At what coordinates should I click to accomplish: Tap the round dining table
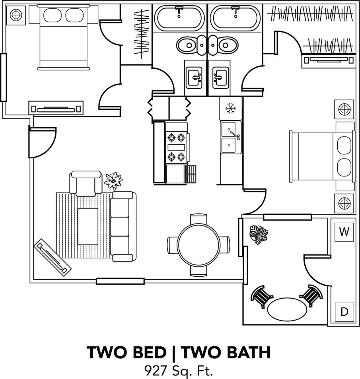pyautogui.click(x=198, y=245)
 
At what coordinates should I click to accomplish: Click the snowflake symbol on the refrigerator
pyautogui.click(x=230, y=108)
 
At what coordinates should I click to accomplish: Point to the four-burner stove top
pyautogui.click(x=176, y=147)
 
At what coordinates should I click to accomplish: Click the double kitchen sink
pyautogui.click(x=231, y=138)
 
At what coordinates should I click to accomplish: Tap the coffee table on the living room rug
pyautogui.click(x=88, y=226)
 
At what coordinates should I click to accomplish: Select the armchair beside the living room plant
pyautogui.click(x=86, y=183)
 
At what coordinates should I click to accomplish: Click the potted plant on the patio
pyautogui.click(x=259, y=235)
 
